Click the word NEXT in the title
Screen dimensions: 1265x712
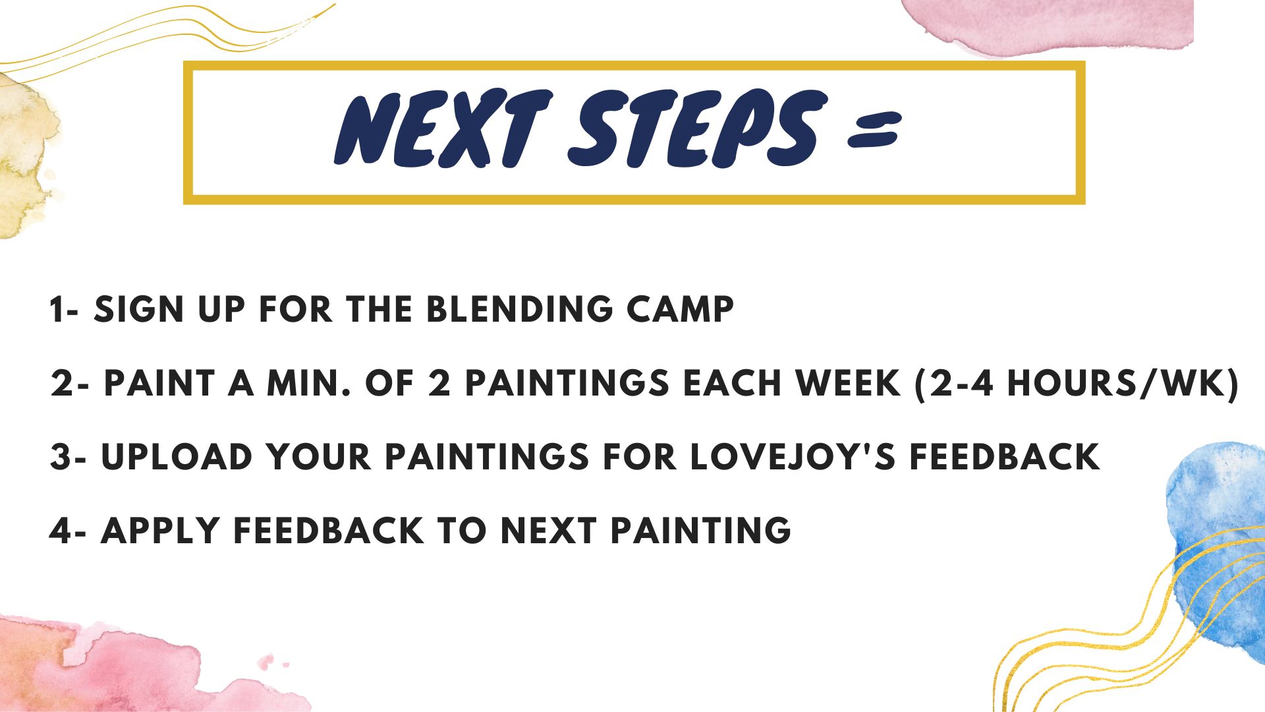(x=443, y=129)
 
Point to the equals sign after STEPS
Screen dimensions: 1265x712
(x=874, y=129)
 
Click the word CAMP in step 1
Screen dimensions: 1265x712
(x=681, y=309)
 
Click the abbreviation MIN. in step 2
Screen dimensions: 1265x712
(x=308, y=383)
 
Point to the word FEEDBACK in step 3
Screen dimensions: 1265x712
(x=1005, y=457)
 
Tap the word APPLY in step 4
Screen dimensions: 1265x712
(x=160, y=531)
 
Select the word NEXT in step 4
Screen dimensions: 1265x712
(x=549, y=531)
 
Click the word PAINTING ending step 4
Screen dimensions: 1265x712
(x=700, y=531)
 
